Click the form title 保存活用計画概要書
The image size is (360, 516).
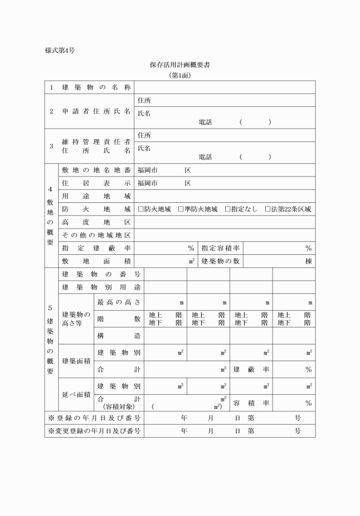point(180,65)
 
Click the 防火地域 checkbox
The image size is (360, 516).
point(141,210)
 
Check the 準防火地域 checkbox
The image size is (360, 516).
point(181,210)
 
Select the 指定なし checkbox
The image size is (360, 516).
point(227,210)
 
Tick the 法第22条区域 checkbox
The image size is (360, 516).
point(268,210)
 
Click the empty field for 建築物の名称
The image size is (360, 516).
point(225,87)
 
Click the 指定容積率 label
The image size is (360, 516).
point(220,248)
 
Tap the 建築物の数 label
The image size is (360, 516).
point(220,261)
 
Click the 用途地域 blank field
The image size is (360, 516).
point(225,197)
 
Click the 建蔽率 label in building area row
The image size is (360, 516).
point(251,369)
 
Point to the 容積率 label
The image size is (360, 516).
point(251,403)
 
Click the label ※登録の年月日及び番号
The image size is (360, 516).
point(94,418)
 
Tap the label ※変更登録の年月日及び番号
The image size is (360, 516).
point(94,430)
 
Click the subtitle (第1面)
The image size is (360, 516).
point(180,75)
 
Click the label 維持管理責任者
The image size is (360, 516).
point(96,141)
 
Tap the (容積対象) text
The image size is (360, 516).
point(118,407)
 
